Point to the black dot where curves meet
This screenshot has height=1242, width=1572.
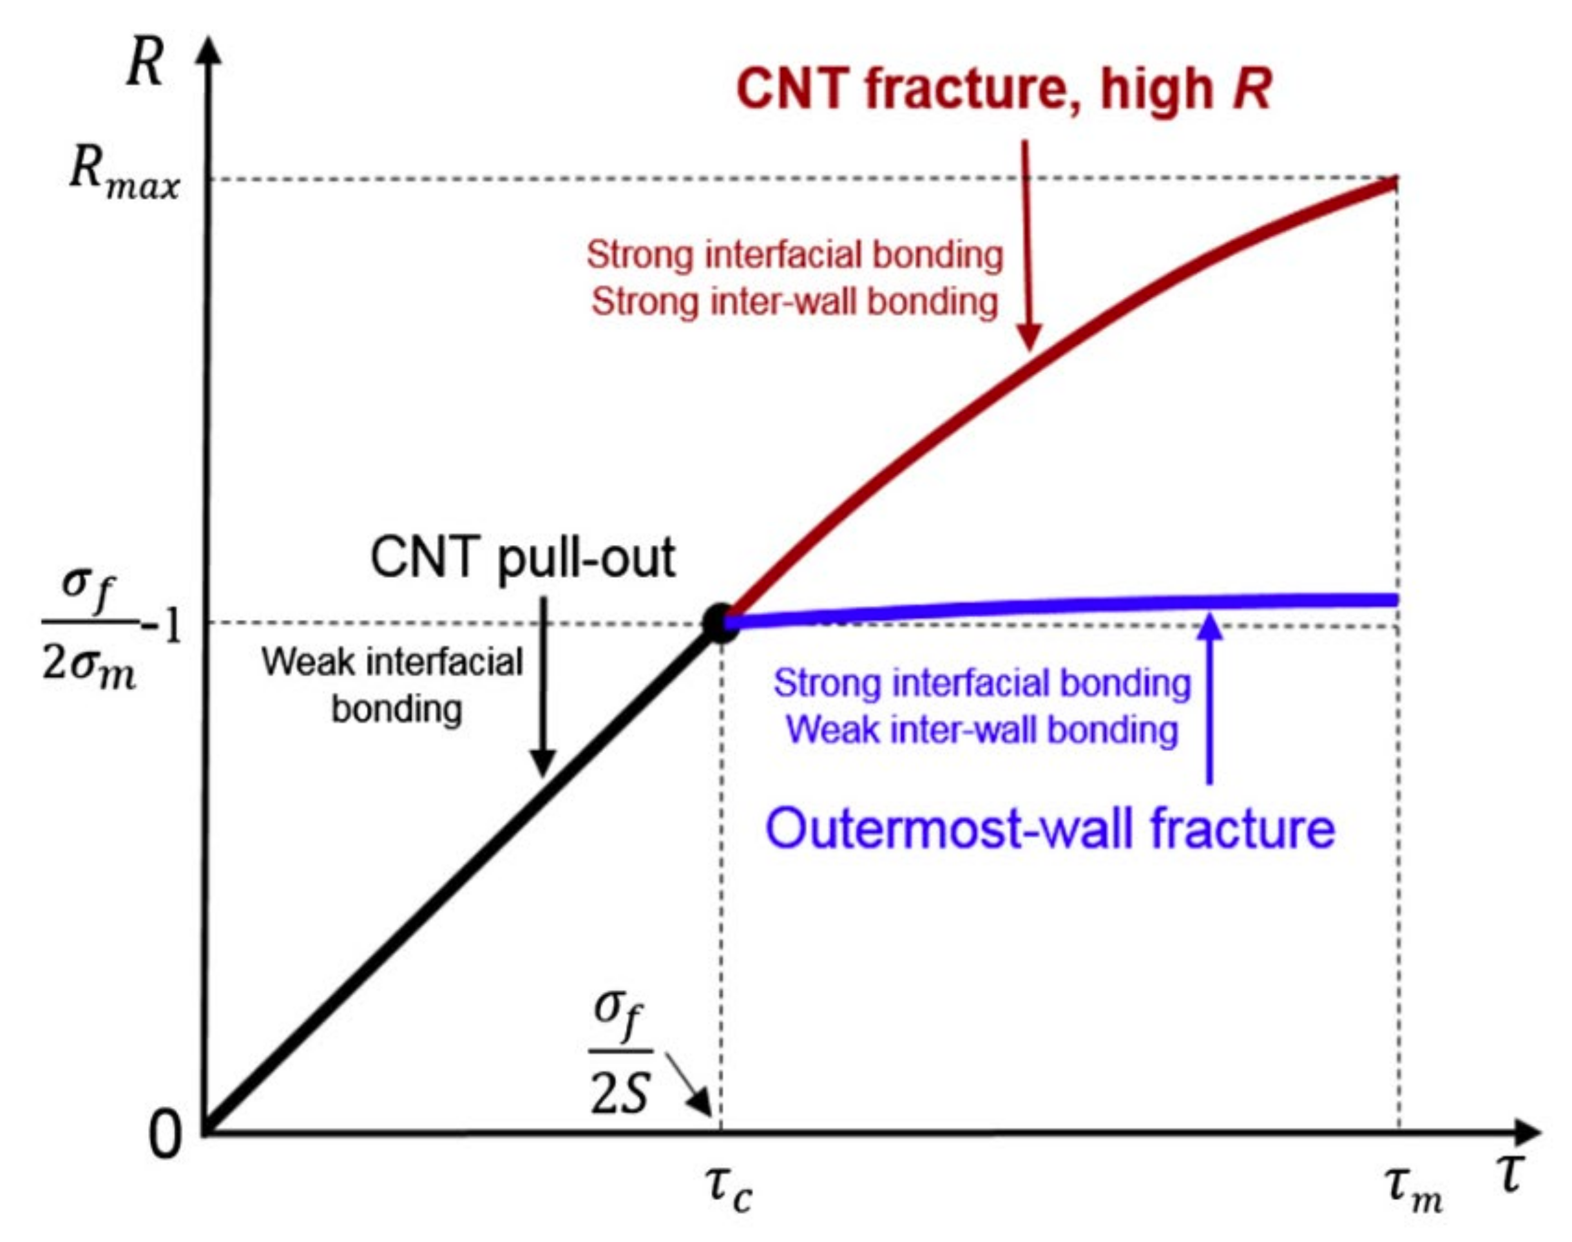(x=720, y=622)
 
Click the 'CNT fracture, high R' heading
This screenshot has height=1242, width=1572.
(x=1003, y=89)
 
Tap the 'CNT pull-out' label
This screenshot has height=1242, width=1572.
(x=522, y=558)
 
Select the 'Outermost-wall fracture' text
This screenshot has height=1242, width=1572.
(x=1050, y=828)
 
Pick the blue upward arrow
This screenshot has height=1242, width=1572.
(x=1210, y=698)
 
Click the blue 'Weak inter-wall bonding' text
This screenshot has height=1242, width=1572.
(x=982, y=729)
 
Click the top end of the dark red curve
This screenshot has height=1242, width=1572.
(x=1395, y=182)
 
